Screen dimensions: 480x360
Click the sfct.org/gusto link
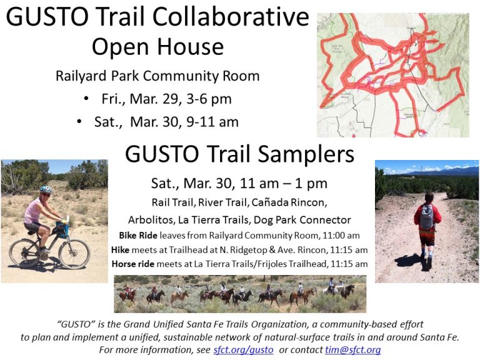coord(243,349)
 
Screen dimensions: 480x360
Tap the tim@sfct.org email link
coord(353,349)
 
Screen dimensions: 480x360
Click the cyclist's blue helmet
coord(46,189)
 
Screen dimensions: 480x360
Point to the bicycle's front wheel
coord(74,254)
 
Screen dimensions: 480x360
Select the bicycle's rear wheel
coord(24,253)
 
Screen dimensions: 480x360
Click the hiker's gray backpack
coord(427,217)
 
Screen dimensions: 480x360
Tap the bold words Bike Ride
coord(138,236)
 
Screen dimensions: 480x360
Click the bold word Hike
coord(120,250)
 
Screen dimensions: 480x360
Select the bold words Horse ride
coord(133,264)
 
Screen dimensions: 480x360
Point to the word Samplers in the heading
coord(306,154)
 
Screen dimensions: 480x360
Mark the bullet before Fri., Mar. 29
coord(86,99)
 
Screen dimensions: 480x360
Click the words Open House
coord(158,47)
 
